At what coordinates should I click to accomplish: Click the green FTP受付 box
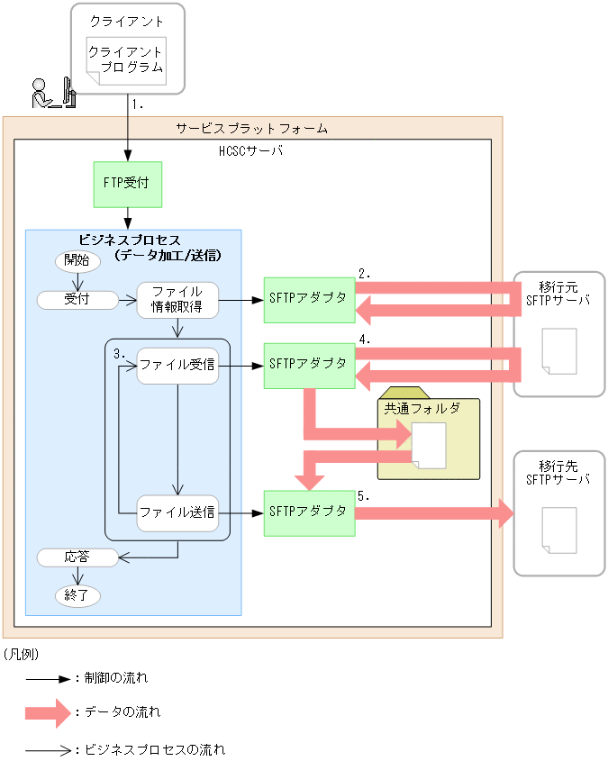(127, 184)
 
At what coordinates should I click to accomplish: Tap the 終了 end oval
(77, 595)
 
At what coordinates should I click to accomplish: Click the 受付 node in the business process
(77, 300)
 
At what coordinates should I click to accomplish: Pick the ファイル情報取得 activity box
(177, 300)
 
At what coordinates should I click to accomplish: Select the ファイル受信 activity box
(177, 366)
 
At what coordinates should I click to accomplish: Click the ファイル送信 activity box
(177, 512)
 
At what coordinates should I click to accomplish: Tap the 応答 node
(77, 557)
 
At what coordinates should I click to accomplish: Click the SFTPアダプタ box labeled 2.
(309, 300)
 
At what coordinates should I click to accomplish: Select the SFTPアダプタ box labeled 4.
(309, 365)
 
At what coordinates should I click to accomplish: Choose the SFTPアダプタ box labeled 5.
(309, 512)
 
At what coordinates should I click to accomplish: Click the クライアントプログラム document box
(126, 60)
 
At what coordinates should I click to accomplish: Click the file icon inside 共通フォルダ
(429, 446)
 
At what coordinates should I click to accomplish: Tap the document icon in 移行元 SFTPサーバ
(558, 351)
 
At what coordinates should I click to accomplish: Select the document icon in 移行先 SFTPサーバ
(558, 530)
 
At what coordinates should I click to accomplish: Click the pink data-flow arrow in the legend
(48, 713)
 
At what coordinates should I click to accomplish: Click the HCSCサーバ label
(251, 151)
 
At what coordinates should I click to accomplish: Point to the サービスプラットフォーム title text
(251, 129)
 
